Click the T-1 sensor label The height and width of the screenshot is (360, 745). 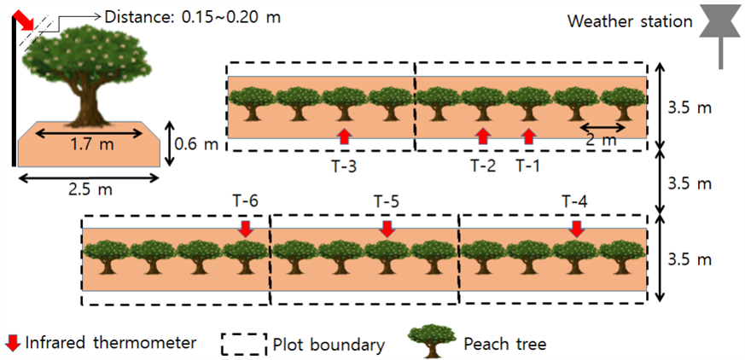(528, 165)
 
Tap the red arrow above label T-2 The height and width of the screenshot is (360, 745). (483, 136)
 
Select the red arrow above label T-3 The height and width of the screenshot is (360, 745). (345, 136)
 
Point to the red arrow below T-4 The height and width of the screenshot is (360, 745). (577, 229)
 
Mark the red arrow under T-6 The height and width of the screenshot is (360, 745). (245, 229)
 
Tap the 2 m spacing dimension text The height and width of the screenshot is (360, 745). (602, 140)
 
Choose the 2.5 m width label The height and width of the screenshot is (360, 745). (89, 189)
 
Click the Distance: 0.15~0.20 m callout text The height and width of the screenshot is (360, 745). (192, 17)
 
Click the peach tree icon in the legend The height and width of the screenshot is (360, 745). (431, 340)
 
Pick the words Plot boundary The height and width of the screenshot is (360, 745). (329, 345)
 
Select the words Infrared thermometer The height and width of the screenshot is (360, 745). (111, 342)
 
